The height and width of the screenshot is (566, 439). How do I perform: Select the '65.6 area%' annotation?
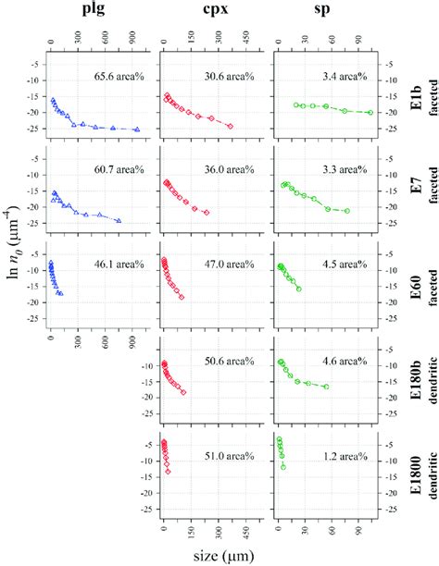pos(115,76)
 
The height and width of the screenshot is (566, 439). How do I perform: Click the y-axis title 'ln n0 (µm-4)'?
pos(13,277)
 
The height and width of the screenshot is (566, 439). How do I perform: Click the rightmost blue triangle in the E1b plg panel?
pos(137,129)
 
